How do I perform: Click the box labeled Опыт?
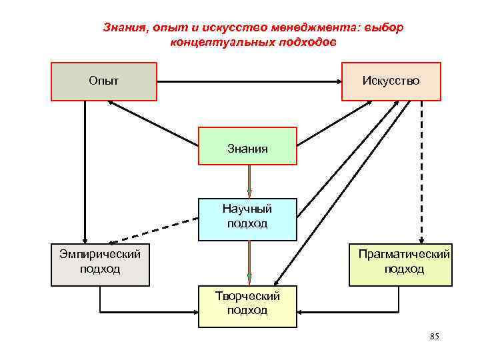point(104,81)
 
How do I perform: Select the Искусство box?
point(391,81)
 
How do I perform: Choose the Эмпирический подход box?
point(100,265)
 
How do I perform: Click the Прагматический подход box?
point(401,265)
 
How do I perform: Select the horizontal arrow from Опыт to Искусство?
point(249,82)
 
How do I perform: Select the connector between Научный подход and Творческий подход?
point(249,263)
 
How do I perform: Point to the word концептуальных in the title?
point(212,42)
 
